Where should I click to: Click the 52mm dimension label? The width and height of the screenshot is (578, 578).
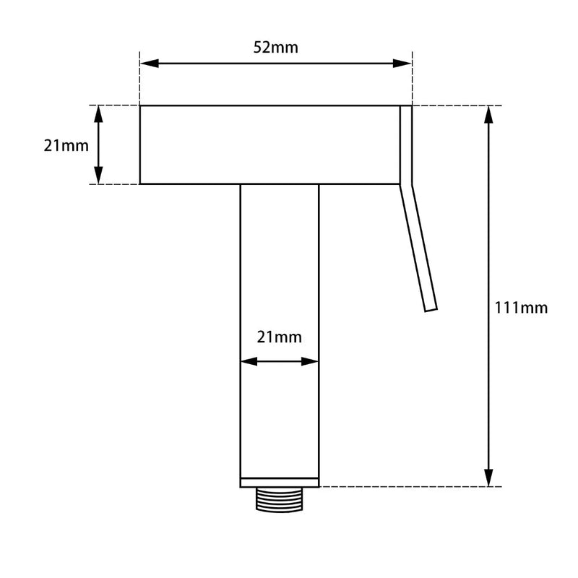pos(275,48)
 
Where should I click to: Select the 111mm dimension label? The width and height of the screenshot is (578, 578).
pos(521,308)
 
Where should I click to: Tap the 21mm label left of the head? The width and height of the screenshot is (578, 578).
pos(66,145)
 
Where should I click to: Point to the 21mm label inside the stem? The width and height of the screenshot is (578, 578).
pos(279,337)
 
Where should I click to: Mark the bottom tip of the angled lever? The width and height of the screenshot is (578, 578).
pos(431,310)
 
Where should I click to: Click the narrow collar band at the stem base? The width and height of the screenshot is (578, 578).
pos(279,482)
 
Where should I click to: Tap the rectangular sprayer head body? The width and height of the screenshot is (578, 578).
pos(269,144)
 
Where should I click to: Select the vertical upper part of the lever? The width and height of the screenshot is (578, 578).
pos(406,144)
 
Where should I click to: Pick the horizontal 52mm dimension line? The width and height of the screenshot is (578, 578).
pos(217,64)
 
